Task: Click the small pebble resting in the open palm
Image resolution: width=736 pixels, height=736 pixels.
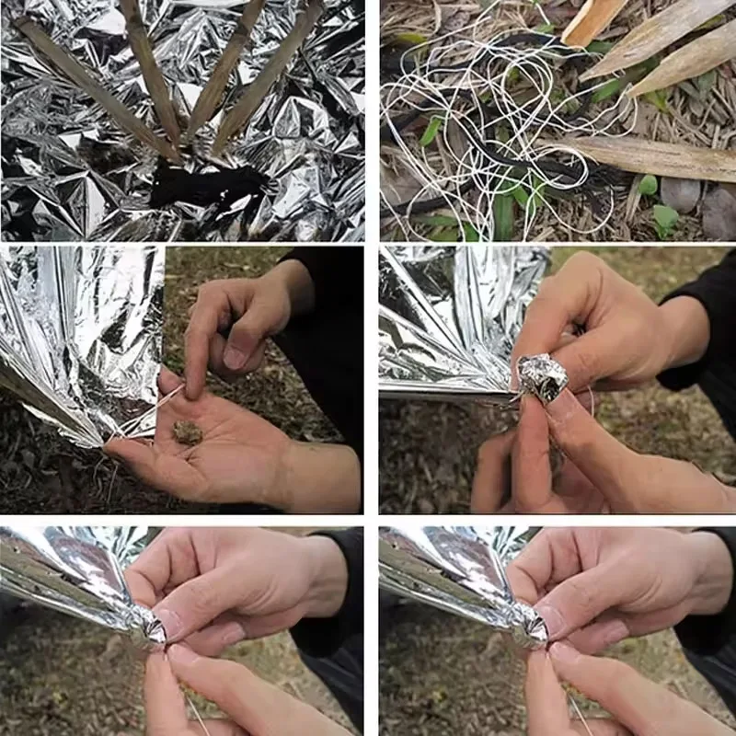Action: (x=188, y=431)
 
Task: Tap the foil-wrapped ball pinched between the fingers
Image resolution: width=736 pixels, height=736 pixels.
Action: (x=542, y=378)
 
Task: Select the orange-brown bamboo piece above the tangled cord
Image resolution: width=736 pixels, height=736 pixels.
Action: (x=593, y=20)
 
